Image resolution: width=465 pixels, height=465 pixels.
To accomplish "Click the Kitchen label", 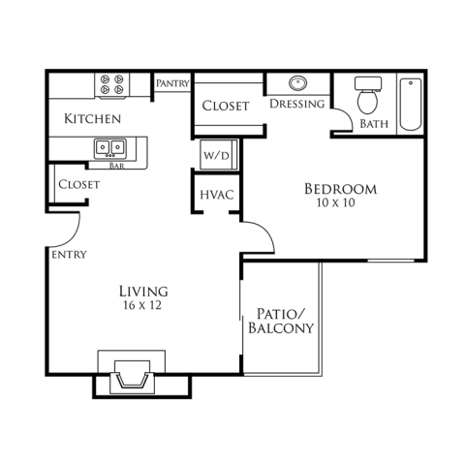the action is pyautogui.click(x=92, y=119).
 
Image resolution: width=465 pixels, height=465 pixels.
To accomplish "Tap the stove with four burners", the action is pyautogui.click(x=111, y=84).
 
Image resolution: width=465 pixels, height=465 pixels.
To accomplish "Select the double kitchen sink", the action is pyautogui.click(x=110, y=148).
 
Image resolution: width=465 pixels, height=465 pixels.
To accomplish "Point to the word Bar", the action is pyautogui.click(x=117, y=166).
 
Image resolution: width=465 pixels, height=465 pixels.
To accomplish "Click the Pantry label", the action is pyautogui.click(x=172, y=83).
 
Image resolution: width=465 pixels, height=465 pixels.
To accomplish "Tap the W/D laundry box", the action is pyautogui.click(x=219, y=155).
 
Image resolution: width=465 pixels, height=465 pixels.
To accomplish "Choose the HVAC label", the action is pyautogui.click(x=217, y=195).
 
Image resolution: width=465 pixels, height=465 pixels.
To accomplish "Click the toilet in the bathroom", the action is pyautogui.click(x=368, y=95).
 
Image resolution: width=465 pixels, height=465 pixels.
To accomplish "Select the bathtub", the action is pyautogui.click(x=411, y=104).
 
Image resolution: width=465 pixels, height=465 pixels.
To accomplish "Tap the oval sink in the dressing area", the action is pyautogui.click(x=297, y=83).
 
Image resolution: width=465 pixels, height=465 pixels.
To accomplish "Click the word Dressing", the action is pyautogui.click(x=297, y=104).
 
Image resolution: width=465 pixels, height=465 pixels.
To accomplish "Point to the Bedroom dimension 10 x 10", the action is pyautogui.click(x=336, y=202).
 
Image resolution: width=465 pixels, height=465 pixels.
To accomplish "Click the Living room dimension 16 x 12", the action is pyautogui.click(x=142, y=305).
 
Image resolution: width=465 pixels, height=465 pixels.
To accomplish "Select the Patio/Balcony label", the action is pyautogui.click(x=281, y=321).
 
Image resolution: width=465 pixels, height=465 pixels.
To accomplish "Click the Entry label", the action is pyautogui.click(x=69, y=255).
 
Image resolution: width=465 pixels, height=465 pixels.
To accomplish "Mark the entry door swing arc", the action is pyautogui.click(x=73, y=237).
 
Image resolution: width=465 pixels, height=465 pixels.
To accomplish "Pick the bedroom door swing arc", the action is pyautogui.click(x=265, y=232).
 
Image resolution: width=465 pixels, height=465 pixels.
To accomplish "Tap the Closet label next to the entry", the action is pyautogui.click(x=79, y=185).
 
